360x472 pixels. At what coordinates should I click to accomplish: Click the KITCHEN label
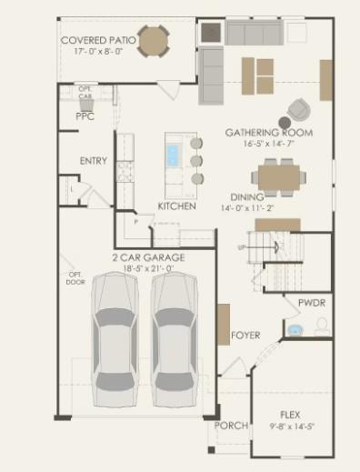coord(176,206)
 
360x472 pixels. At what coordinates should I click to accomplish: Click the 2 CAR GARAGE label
coord(149,258)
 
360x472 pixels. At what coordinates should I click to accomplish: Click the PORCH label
coord(231,426)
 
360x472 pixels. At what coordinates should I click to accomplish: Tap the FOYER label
coord(245,336)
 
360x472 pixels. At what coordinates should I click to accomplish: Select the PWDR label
coord(312,302)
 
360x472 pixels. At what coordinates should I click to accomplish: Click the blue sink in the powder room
coord(295,329)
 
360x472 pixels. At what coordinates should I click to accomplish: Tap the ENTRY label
coord(93,161)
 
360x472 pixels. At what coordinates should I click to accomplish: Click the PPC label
coord(85,116)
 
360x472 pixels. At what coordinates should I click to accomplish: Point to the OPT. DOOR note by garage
coord(75,278)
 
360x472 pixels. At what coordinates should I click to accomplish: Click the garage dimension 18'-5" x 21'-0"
coord(149,269)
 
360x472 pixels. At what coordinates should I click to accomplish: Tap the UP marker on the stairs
coord(241,246)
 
